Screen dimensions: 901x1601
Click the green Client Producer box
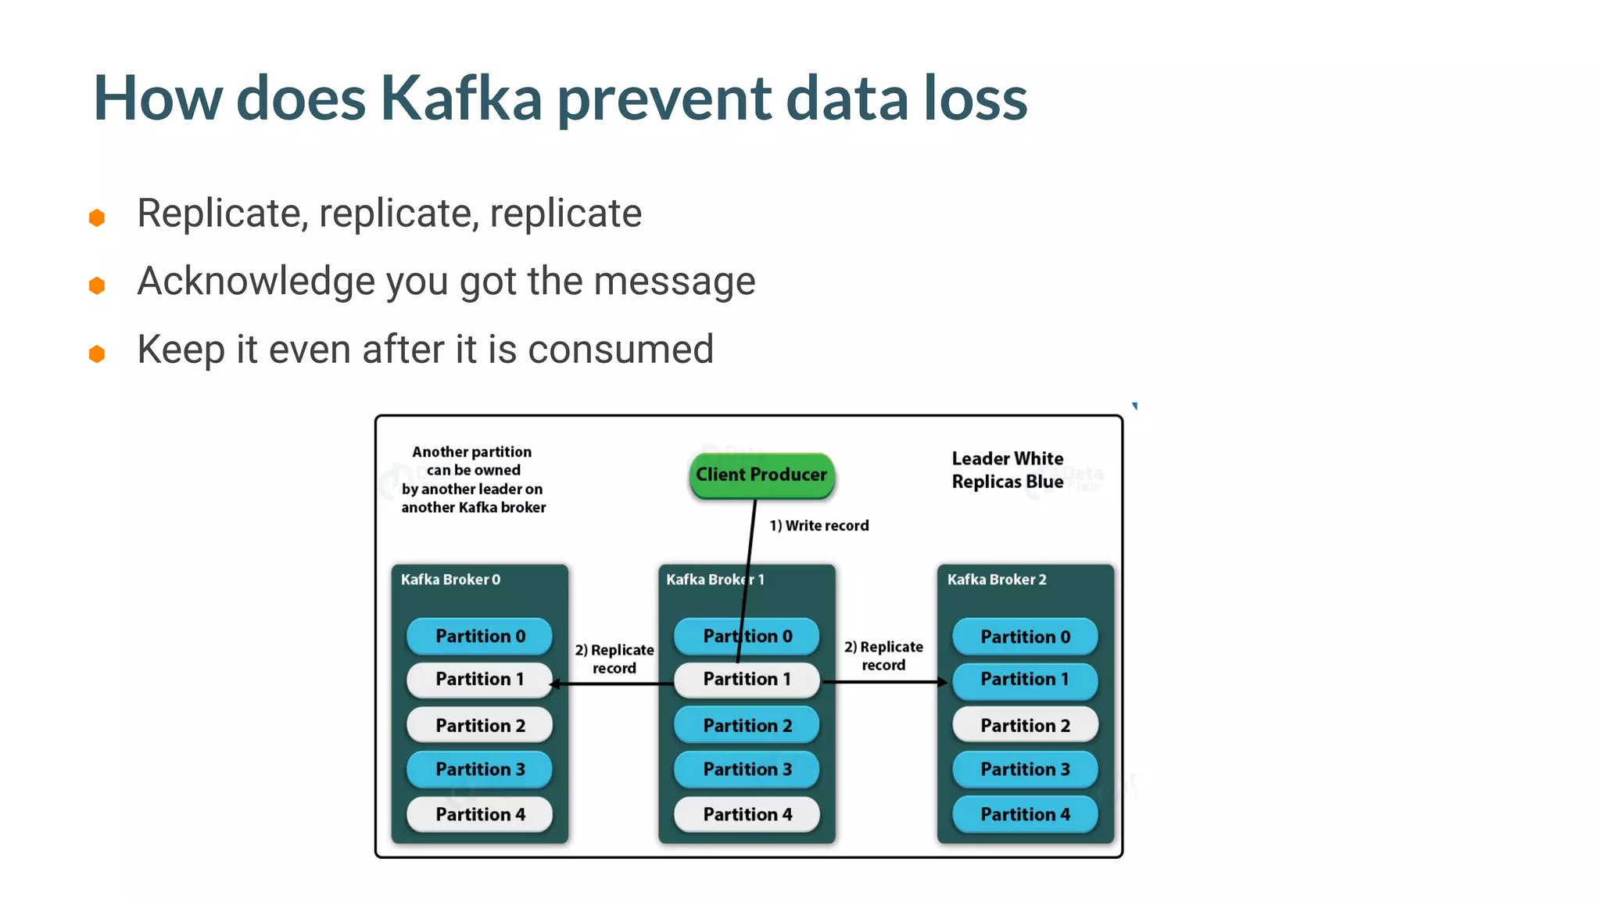[761, 475]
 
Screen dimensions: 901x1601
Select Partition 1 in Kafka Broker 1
[747, 679]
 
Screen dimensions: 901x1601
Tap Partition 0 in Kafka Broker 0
[479, 636]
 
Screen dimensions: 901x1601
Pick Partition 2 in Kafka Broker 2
[1025, 725]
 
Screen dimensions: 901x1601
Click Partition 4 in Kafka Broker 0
[479, 814]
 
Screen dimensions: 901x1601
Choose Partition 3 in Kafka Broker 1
[747, 769]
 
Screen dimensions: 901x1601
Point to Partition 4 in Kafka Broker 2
[1025, 814]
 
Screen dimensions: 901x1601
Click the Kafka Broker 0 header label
[450, 580]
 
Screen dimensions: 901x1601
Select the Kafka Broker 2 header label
[997, 580]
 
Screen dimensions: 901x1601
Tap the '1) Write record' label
[818, 526]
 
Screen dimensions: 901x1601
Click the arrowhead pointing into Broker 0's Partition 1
[554, 684]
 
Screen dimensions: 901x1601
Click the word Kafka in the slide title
[461, 99]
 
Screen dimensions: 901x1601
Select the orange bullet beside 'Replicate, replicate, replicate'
[97, 217]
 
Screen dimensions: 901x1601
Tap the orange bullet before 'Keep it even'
[97, 354]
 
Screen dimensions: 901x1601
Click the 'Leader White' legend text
[1007, 458]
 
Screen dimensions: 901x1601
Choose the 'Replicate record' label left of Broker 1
[614, 659]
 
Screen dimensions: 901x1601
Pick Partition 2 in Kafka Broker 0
[479, 725]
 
